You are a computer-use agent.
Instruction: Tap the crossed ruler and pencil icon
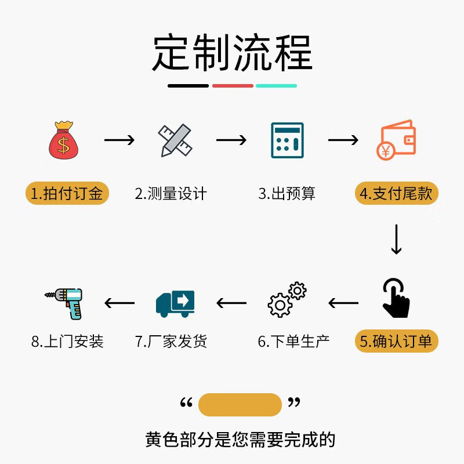point(175,140)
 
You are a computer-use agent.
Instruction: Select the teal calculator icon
point(287,140)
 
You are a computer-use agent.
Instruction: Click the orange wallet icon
point(396,140)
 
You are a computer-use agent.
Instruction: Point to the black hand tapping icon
point(396,298)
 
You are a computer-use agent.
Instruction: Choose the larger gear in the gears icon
point(280,305)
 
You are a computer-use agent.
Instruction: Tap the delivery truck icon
point(175,303)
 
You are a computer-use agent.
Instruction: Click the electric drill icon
point(63,303)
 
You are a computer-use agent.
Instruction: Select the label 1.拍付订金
point(67,193)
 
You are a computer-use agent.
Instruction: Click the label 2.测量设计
point(171,194)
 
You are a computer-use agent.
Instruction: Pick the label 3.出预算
point(287,194)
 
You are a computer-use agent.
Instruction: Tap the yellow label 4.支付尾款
point(396,193)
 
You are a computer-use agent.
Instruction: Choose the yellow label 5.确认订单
point(396,341)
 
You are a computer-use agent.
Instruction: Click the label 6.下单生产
point(293,341)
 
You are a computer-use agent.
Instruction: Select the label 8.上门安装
point(67,341)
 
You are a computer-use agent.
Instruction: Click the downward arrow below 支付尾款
point(396,240)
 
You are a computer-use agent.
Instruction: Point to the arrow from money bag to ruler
point(119,140)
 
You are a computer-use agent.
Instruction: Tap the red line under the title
point(233,86)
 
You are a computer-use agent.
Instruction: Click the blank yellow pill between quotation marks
point(240,404)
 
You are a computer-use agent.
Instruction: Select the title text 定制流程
point(233,52)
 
